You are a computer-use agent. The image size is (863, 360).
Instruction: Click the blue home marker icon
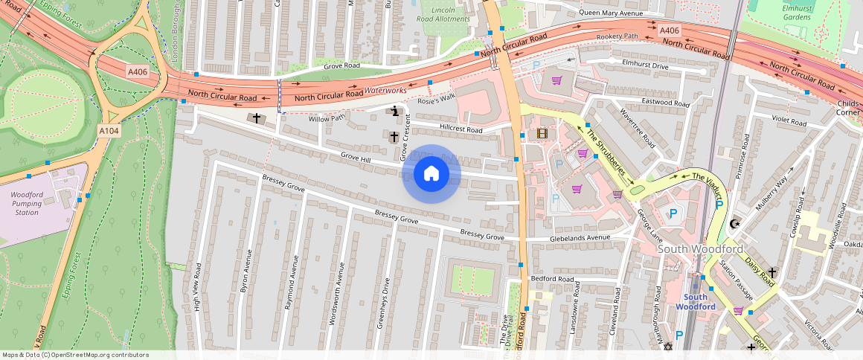point(431,174)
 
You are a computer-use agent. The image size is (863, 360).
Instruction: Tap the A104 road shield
point(109,130)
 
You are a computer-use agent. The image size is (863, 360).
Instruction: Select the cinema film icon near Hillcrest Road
point(542,134)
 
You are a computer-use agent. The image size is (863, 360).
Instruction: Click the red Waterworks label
point(385,90)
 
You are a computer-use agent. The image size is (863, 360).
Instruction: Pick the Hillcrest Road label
point(461,129)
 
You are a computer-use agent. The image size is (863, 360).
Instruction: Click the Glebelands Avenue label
point(580,238)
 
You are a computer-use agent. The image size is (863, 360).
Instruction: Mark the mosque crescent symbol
point(736,223)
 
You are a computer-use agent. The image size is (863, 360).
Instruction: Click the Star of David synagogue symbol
point(667,347)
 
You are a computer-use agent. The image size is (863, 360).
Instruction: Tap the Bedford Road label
point(552,279)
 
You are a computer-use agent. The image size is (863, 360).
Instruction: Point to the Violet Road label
point(789,121)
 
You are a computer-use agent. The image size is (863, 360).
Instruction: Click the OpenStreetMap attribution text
point(75,355)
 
